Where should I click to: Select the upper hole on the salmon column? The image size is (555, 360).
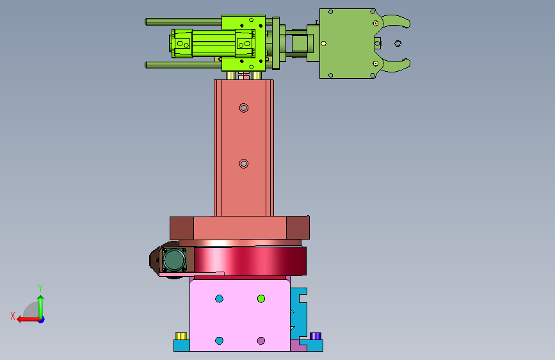tap(243, 108)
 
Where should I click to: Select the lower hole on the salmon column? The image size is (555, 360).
tap(243, 164)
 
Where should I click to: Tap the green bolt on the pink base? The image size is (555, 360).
tap(261, 299)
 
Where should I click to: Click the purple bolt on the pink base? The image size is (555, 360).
tap(261, 341)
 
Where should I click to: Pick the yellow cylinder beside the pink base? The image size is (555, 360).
tap(181, 336)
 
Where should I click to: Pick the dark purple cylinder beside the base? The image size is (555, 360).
tap(316, 336)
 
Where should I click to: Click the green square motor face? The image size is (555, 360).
tap(174, 259)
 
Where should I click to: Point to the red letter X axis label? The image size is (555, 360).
tap(13, 316)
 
